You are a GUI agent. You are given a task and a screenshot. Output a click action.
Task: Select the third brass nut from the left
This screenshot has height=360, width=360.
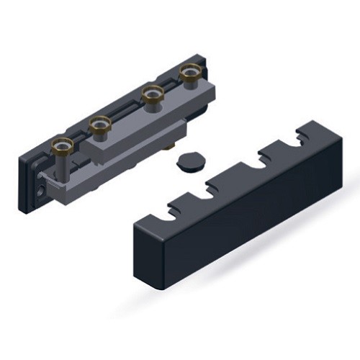[x=150, y=94]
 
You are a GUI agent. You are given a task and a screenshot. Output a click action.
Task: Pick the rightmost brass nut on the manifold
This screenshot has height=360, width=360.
[x=189, y=71]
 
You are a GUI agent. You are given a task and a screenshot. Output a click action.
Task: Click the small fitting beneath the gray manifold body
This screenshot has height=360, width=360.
[x=171, y=150]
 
